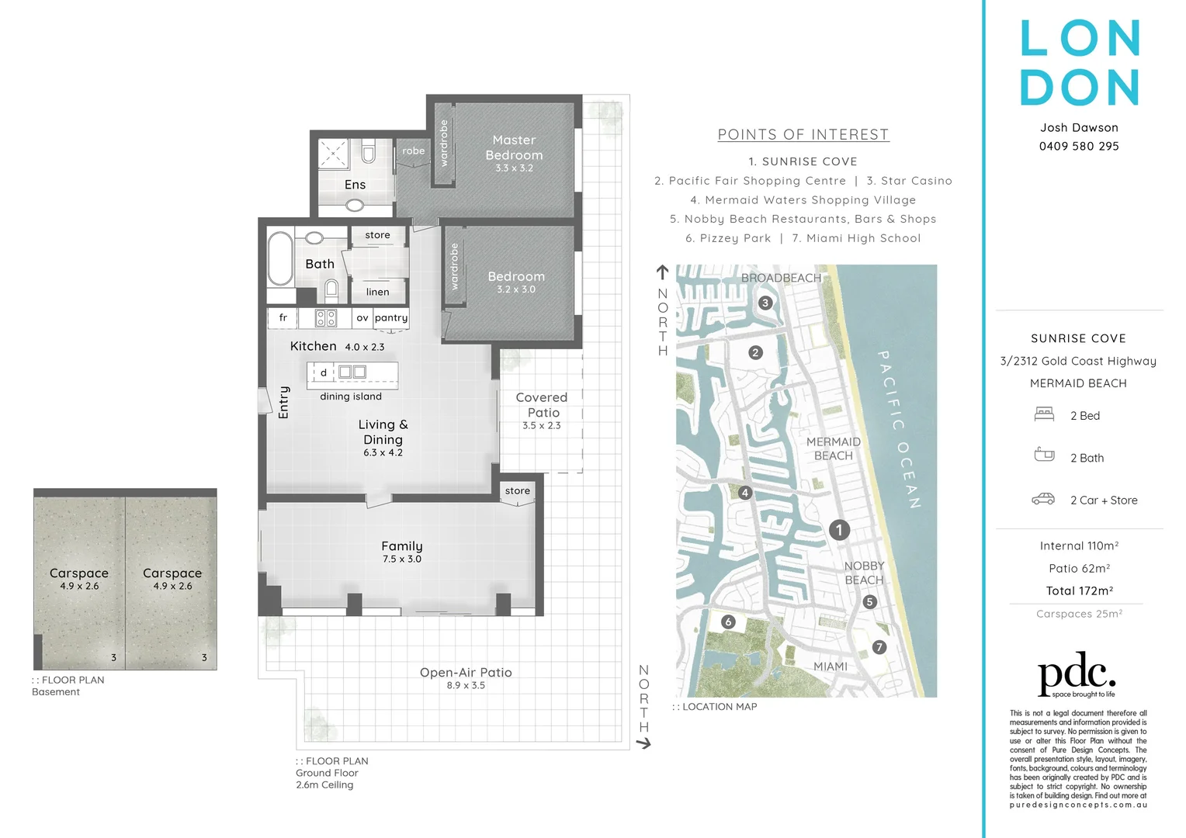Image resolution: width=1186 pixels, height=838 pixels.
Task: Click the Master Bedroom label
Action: [x=514, y=147]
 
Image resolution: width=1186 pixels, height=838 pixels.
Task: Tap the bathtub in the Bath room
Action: [x=279, y=259]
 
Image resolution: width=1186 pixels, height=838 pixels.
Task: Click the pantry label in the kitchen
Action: [x=391, y=318]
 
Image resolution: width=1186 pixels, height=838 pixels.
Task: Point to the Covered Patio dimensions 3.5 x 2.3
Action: [x=542, y=426]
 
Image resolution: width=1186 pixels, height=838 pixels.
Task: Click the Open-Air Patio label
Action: [x=466, y=673]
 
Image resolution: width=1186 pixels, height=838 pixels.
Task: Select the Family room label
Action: [x=402, y=546]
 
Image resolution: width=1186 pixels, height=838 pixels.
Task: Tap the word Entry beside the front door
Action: [x=284, y=402]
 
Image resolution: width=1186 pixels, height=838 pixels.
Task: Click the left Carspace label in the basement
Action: [x=79, y=573]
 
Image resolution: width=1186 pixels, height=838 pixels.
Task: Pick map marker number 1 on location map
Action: [x=839, y=530]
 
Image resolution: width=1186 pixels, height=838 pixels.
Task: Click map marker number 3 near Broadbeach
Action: [x=765, y=303]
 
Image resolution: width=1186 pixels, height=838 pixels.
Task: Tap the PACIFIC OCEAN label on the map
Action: [x=899, y=429]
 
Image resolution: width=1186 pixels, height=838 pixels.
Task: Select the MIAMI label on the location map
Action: [x=831, y=667]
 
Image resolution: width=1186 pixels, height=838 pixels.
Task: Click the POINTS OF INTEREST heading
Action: [x=803, y=135]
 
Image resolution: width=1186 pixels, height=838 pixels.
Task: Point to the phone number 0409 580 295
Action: [x=1079, y=147]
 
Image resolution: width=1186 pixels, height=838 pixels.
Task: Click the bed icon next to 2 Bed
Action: [x=1044, y=414]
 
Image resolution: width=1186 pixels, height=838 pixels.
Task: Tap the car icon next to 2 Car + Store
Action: [x=1043, y=499]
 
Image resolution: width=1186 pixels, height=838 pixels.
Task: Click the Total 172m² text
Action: [x=1079, y=591]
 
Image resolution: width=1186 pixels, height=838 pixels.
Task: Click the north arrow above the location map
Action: [x=662, y=272]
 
